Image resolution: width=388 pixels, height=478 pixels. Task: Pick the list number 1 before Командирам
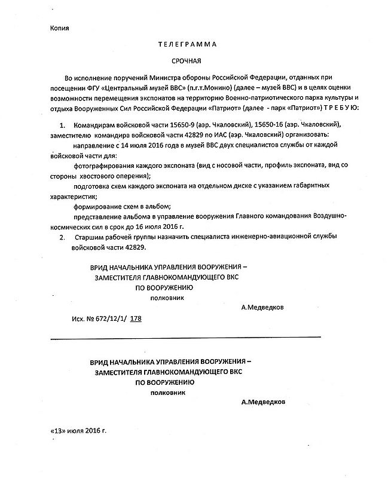click(62, 125)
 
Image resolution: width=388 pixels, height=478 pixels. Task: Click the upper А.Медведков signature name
click(264, 308)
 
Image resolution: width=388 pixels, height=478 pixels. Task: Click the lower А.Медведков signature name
click(264, 402)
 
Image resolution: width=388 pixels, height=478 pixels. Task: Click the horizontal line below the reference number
click(185, 338)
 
